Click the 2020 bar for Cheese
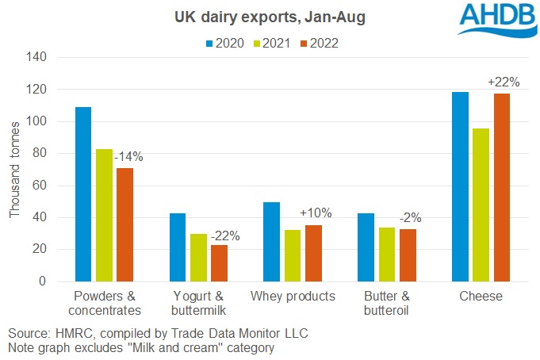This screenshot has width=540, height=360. [460, 187]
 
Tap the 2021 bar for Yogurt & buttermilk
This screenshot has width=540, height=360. [199, 258]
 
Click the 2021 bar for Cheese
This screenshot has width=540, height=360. [480, 205]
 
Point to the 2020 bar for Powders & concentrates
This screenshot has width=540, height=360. [83, 194]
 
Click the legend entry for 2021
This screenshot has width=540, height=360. [269, 44]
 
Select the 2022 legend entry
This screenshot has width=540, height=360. [317, 44]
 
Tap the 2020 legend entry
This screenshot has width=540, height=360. [221, 44]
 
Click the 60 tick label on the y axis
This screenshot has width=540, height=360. [40, 186]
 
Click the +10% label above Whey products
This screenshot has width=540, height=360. [316, 213]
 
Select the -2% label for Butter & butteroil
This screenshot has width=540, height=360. [408, 217]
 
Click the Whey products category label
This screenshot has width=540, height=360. [293, 297]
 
